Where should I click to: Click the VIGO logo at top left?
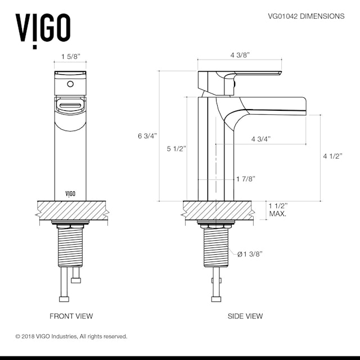[43, 26]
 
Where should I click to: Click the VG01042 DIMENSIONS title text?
[306, 16]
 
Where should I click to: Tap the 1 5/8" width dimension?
[71, 57]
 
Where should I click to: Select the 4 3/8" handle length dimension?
[240, 55]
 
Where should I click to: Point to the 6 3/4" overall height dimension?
[147, 136]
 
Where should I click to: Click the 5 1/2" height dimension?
[176, 149]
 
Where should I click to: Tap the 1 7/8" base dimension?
[245, 179]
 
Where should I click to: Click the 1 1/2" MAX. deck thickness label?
[278, 209]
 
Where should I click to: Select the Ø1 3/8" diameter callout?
[250, 254]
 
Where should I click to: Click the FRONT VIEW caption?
[71, 316]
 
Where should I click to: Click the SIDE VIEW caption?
[245, 316]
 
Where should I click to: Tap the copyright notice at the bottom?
[71, 336]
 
